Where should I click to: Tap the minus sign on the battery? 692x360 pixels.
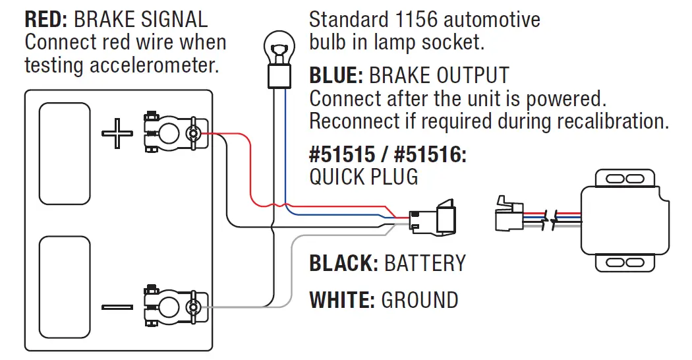[117, 307]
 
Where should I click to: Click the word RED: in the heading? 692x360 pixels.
[46, 20]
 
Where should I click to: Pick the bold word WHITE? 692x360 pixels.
[342, 300]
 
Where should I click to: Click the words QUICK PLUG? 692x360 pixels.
[364, 177]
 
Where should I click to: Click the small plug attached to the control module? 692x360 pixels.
[509, 214]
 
